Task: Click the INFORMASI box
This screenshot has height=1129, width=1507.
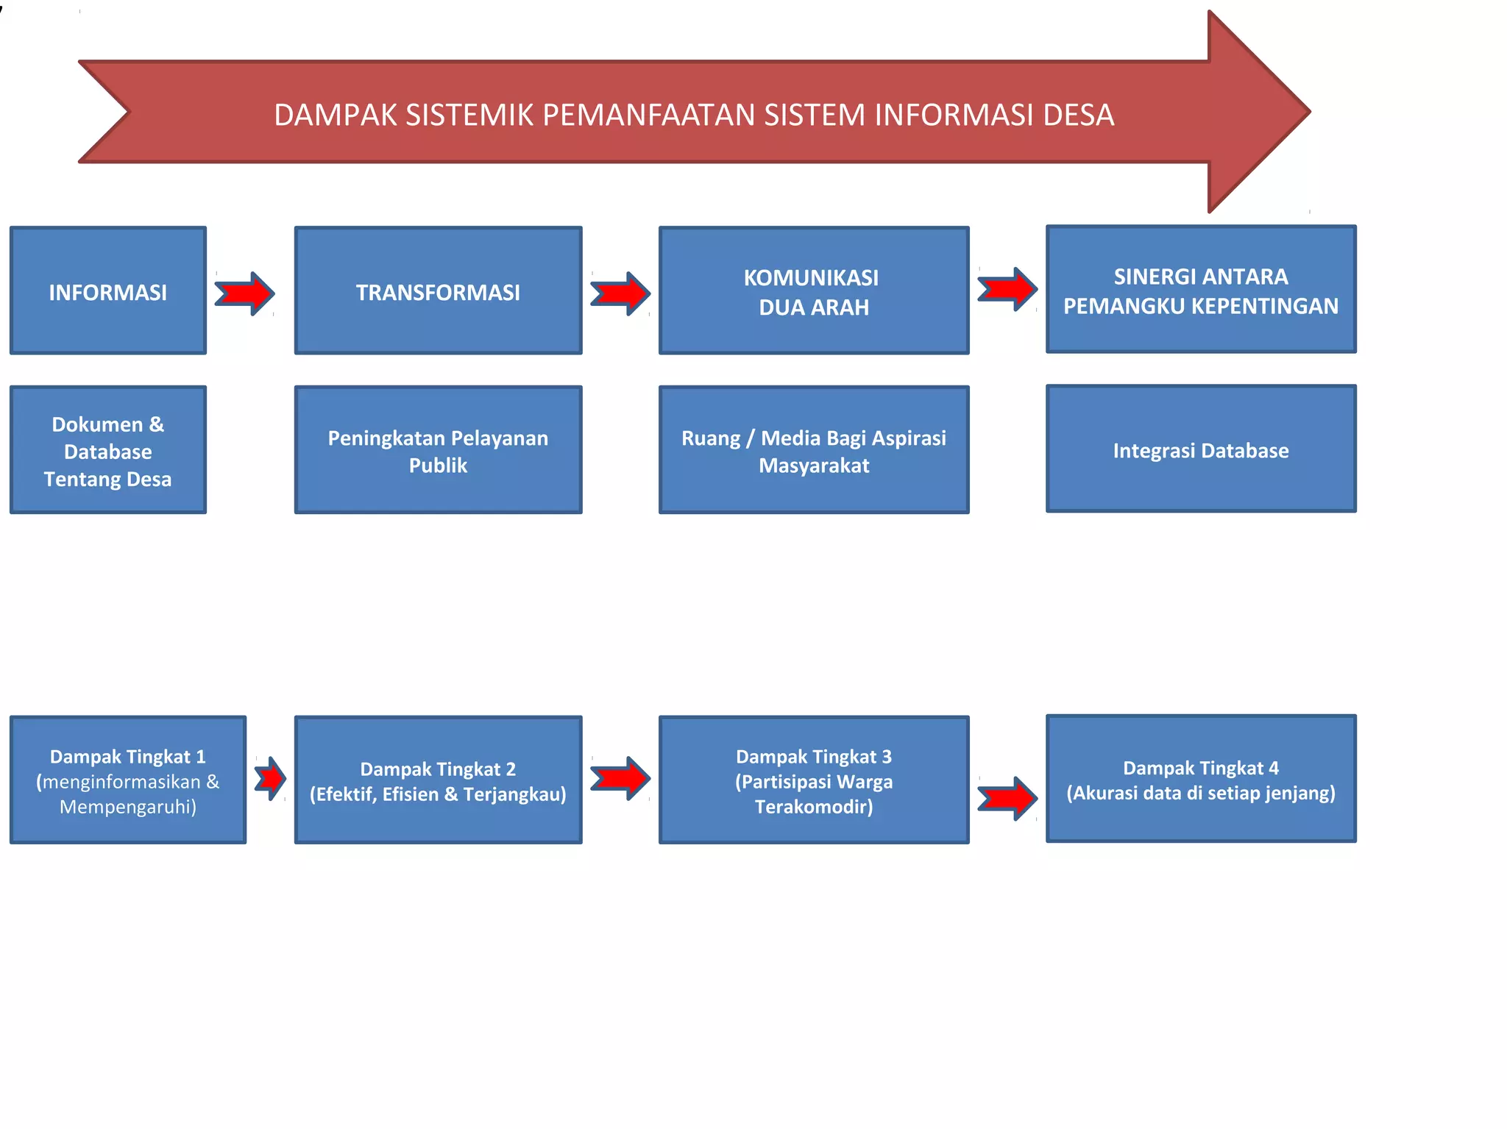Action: coord(108,291)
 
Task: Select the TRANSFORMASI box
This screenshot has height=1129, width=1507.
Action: coord(438,291)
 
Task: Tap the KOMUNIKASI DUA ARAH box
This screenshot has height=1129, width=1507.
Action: coord(814,291)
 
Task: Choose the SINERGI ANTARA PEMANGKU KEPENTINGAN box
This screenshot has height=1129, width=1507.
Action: coord(1201,289)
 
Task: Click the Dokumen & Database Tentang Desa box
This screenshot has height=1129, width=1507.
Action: coord(108,450)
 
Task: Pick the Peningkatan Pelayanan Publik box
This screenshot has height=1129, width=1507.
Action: coord(438,450)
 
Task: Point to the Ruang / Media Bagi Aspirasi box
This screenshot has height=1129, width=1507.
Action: coord(814,450)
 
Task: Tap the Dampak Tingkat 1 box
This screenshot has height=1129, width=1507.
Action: coord(128,780)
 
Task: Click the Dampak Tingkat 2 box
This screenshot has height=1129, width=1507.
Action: coord(438,780)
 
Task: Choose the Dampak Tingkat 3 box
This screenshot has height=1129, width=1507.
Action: coord(814,780)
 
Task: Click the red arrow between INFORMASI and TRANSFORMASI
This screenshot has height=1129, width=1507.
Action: coord(245,293)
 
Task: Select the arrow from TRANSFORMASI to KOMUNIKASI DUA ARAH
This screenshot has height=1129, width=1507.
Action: coord(620,293)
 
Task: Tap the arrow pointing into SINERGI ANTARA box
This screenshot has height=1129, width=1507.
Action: coord(1007,289)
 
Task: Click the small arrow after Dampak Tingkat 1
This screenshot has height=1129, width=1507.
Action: coord(271,778)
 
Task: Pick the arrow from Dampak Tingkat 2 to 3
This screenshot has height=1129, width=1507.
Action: coord(620,778)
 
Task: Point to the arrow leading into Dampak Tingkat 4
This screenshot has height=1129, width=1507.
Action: coord(1007,798)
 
